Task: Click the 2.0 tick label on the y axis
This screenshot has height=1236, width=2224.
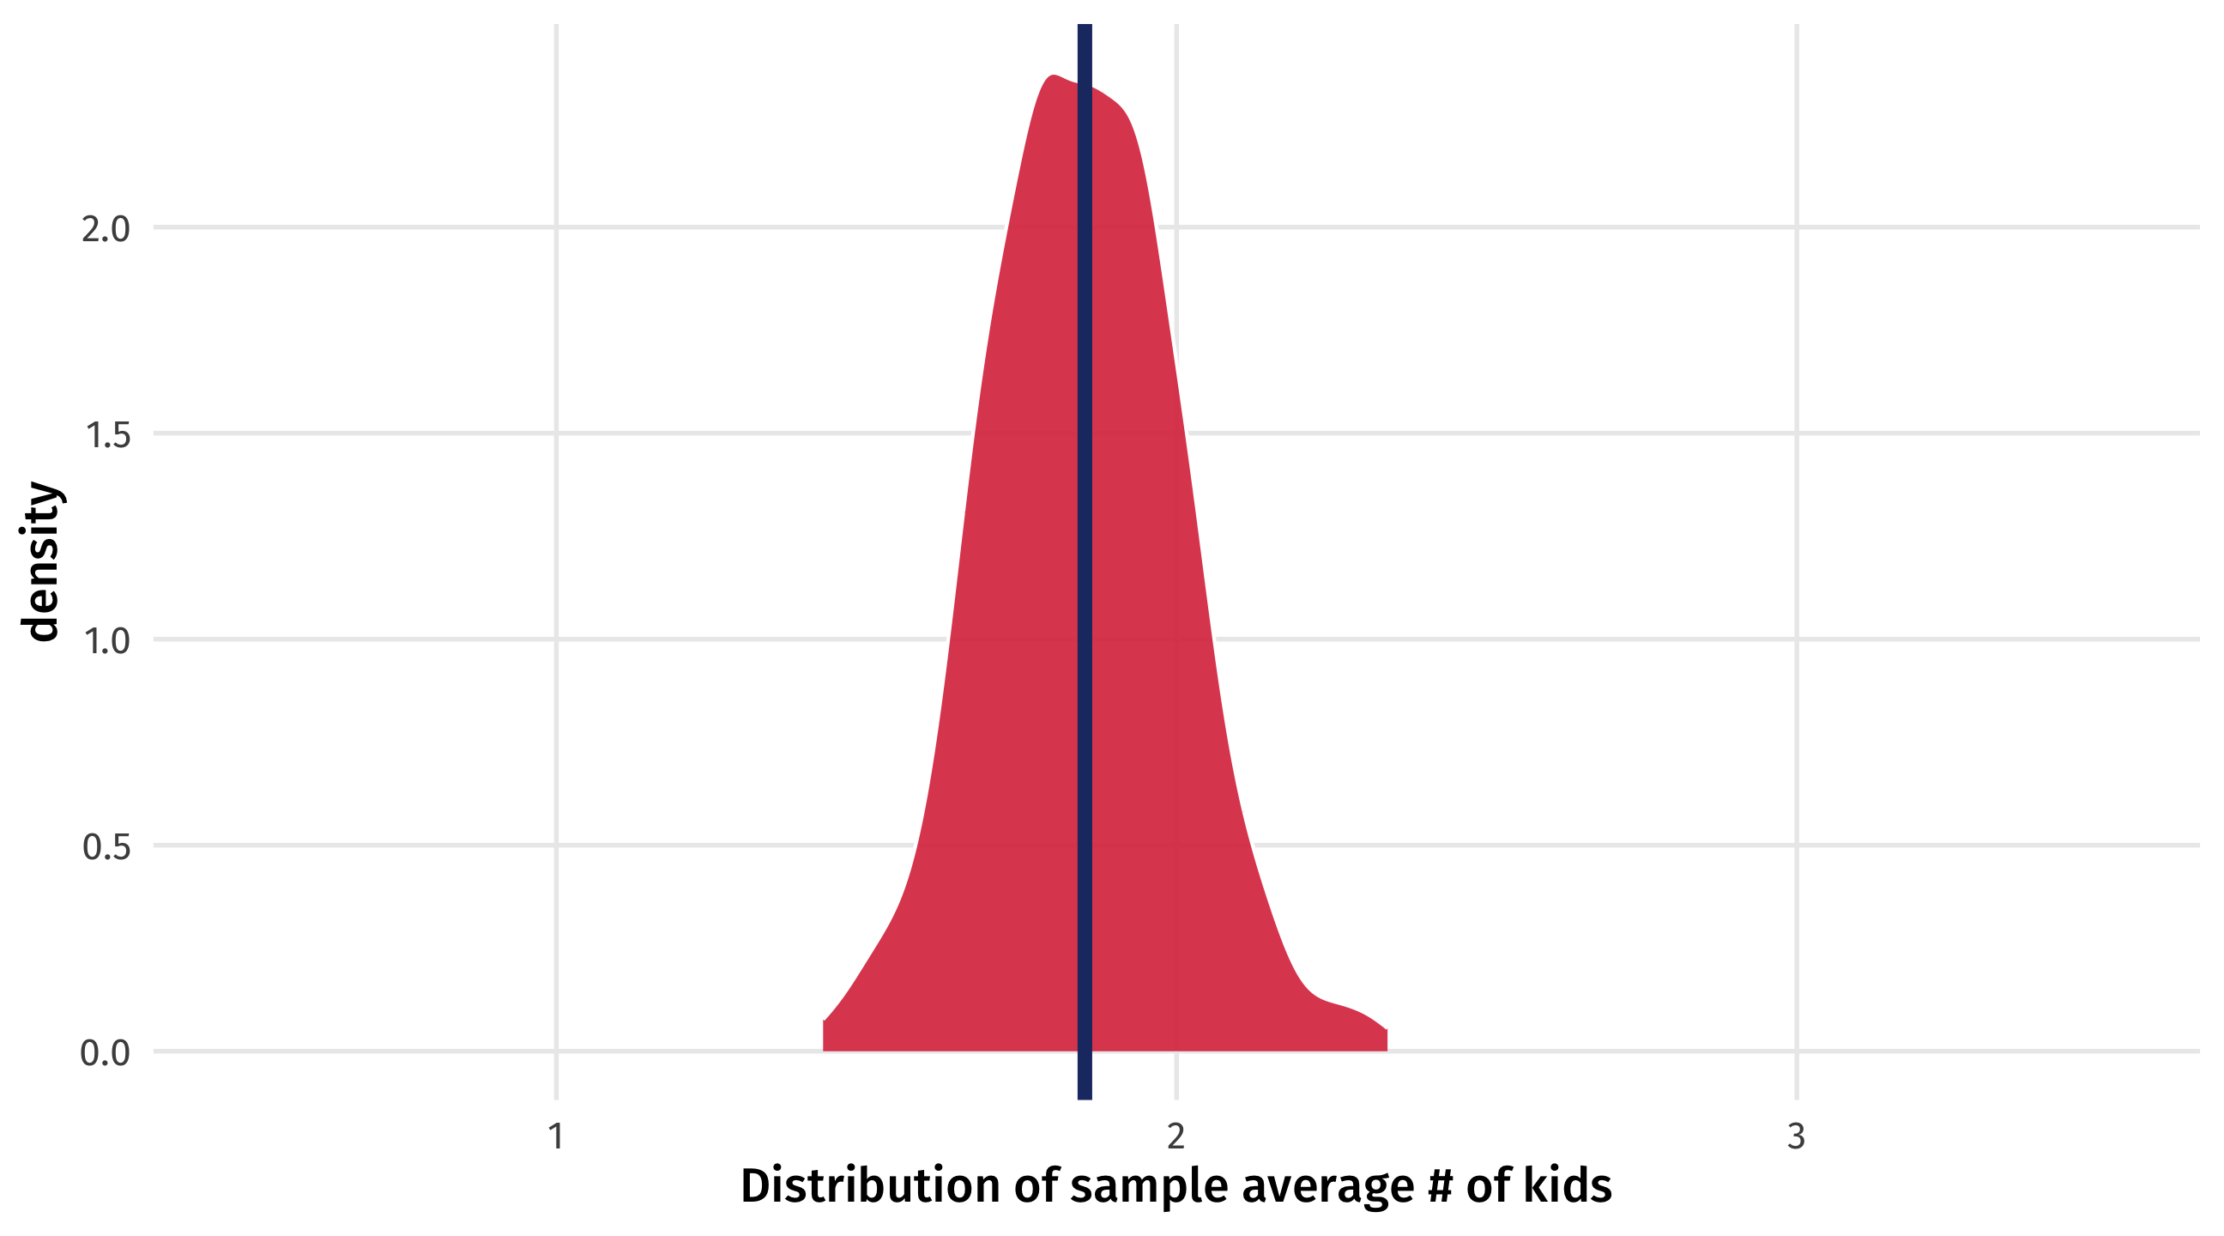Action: (106, 230)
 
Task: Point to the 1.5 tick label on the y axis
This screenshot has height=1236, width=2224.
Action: (107, 435)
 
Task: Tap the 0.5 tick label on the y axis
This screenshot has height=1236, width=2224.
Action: (106, 847)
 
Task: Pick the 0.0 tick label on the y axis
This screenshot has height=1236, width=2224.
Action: (106, 1053)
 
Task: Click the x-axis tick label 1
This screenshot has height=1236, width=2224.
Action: (557, 1136)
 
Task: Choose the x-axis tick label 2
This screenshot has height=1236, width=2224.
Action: (1175, 1136)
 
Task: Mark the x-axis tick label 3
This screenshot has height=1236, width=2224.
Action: (1796, 1136)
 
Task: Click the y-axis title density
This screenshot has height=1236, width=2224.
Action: (41, 561)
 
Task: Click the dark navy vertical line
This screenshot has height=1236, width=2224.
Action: (1085, 561)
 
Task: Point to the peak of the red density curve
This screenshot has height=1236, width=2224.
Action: (1054, 77)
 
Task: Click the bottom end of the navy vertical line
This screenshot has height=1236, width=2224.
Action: (1085, 1095)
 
